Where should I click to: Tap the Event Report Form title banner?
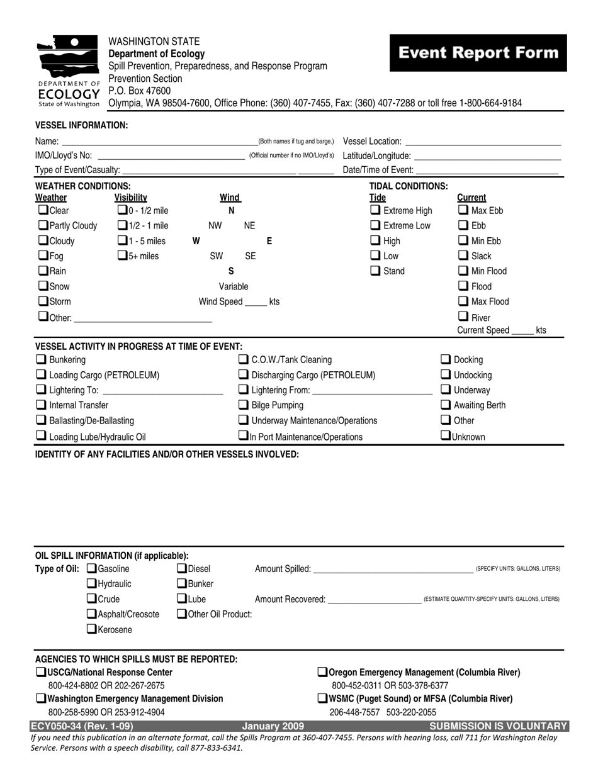[x=478, y=53]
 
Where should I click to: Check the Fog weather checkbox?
[x=43, y=256]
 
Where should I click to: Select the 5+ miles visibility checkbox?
[x=122, y=256]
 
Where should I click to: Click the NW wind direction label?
[x=215, y=226]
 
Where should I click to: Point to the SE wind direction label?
[x=250, y=256]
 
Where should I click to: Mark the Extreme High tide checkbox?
[x=375, y=210]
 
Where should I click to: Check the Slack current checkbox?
[x=463, y=256]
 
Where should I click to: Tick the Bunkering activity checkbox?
[x=41, y=360]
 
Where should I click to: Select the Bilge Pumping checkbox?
[x=243, y=405]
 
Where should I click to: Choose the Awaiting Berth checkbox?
[x=445, y=405]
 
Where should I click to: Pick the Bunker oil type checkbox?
[x=182, y=584]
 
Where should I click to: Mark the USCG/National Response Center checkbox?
[x=41, y=673]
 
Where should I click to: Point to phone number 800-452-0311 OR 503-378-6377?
[x=390, y=686]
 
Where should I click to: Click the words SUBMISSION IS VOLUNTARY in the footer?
[x=499, y=726]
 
